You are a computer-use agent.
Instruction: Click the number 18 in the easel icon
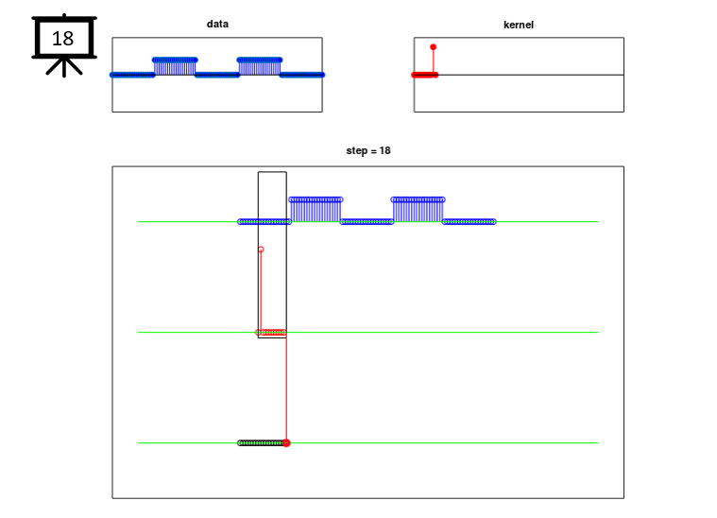pyautogui.click(x=62, y=39)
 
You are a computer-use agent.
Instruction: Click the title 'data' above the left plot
pyautogui.click(x=217, y=24)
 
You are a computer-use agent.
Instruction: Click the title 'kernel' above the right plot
pyautogui.click(x=519, y=25)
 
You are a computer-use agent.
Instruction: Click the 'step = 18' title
pyautogui.click(x=368, y=150)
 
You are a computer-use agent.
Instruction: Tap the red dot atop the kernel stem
pyautogui.click(x=433, y=47)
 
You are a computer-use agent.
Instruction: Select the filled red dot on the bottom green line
pyautogui.click(x=286, y=443)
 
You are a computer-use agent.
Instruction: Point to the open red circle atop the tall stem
pyautogui.click(x=261, y=250)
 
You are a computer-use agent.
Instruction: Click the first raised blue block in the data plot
pyautogui.click(x=175, y=67)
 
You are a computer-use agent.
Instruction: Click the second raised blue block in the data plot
pyautogui.click(x=259, y=67)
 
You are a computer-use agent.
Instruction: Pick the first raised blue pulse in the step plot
pyautogui.click(x=316, y=210)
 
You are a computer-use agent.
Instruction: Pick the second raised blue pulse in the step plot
pyautogui.click(x=418, y=210)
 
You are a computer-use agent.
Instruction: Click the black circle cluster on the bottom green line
pyautogui.click(x=261, y=443)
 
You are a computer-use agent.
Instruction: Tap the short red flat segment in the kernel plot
pyautogui.click(x=425, y=75)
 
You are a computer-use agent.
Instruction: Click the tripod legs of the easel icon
pyautogui.click(x=64, y=67)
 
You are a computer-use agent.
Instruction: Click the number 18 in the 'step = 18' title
pyautogui.click(x=385, y=150)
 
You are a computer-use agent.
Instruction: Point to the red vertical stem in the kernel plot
pyautogui.click(x=433, y=61)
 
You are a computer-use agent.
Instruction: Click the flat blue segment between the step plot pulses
pyautogui.click(x=367, y=222)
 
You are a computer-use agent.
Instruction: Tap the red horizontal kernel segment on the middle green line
pyautogui.click(x=271, y=332)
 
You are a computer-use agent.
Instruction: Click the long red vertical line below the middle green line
pyautogui.click(x=286, y=388)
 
